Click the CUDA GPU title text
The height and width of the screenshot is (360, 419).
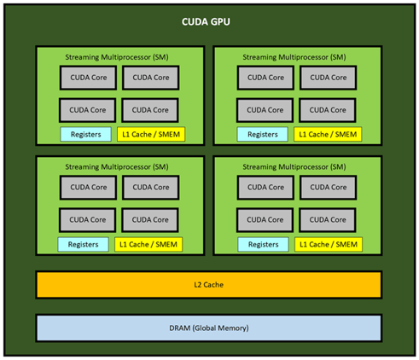pos(206,22)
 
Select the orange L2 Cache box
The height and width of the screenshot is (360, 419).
pos(209,285)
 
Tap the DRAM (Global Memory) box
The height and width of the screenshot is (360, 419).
pos(209,328)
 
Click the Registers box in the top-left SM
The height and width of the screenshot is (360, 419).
pos(85,134)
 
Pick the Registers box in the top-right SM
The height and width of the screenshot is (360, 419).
pos(263,134)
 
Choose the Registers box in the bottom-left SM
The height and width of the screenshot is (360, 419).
pos(83,244)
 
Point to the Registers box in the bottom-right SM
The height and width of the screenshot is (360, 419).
pos(264,244)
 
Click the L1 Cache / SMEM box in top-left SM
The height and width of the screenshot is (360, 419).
pos(151,134)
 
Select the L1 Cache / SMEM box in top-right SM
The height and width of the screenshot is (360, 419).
pos(328,134)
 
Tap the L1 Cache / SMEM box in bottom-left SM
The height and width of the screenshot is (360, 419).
pos(148,244)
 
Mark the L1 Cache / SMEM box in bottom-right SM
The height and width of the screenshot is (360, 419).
pos(329,244)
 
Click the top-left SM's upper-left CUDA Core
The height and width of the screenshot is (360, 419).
pos(88,78)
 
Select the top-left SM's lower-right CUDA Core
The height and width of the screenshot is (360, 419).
pos(150,110)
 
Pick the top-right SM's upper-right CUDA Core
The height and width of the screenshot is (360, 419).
pos(328,78)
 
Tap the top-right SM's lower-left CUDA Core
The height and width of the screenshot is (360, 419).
pos(265,110)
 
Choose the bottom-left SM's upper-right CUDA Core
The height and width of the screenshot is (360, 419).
pos(151,188)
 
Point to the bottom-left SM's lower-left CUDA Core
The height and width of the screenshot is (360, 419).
pos(88,220)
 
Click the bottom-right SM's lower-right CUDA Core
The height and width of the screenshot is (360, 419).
pos(328,220)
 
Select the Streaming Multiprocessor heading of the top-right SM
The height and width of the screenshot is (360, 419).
pos(294,57)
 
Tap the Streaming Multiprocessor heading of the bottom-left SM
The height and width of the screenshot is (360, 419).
pos(117,167)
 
